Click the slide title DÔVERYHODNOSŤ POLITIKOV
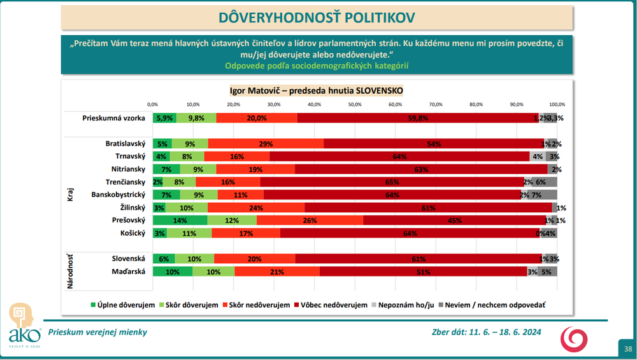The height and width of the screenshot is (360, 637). (317, 17)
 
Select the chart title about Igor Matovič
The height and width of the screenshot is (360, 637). (317, 90)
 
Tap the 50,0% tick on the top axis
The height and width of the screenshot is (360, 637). (355, 104)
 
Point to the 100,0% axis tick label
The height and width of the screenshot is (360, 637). (557, 104)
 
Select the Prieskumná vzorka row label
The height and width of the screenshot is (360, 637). (114, 118)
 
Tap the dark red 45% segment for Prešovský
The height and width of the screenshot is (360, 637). (454, 220)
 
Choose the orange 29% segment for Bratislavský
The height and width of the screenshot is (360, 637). (266, 144)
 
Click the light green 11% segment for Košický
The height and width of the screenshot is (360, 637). (189, 233)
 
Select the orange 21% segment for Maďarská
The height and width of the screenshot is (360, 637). (277, 271)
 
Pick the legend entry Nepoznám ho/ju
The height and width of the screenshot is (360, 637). (403, 305)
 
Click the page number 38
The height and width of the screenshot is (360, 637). (628, 349)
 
